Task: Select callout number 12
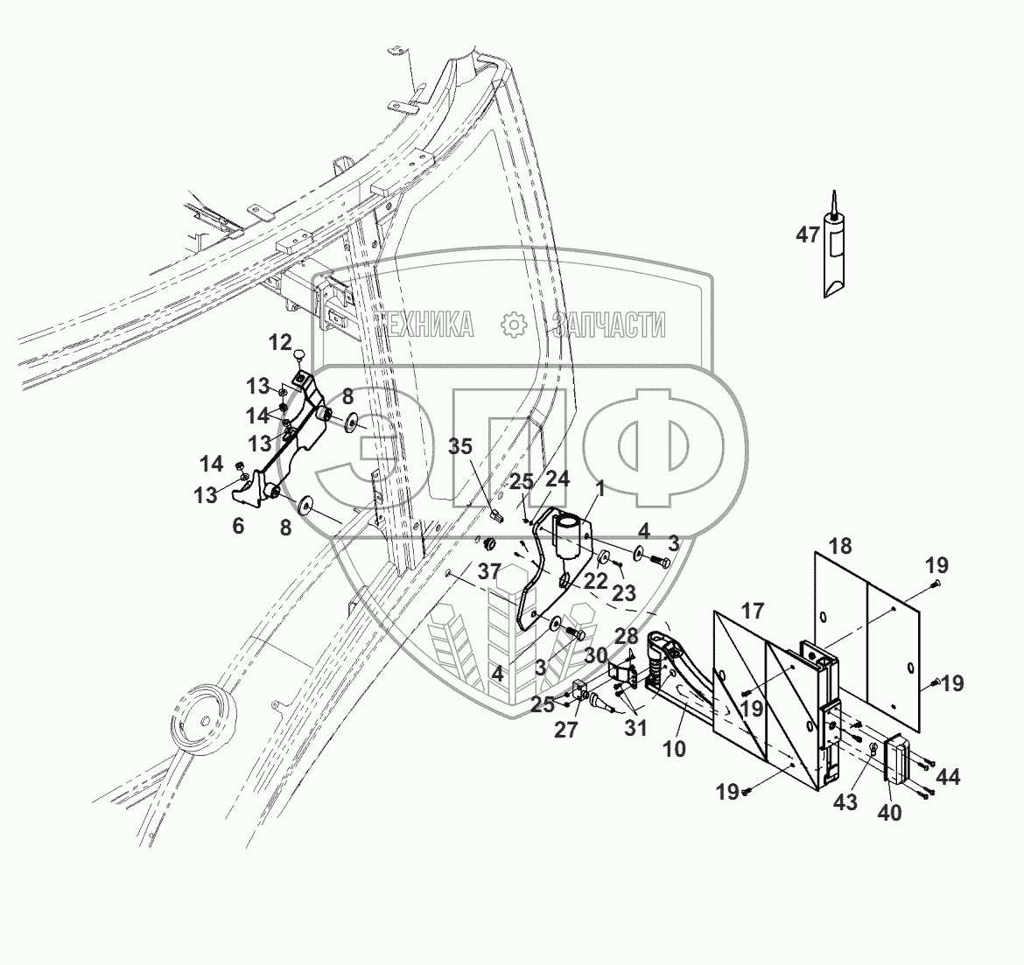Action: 279,342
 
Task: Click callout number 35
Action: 461,447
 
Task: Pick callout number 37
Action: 490,572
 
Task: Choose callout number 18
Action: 839,546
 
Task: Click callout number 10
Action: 674,749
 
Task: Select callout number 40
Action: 889,813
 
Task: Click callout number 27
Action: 566,730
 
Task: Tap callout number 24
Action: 558,478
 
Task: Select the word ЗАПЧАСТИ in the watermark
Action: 606,325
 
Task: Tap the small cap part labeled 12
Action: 298,354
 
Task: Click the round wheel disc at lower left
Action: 200,721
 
